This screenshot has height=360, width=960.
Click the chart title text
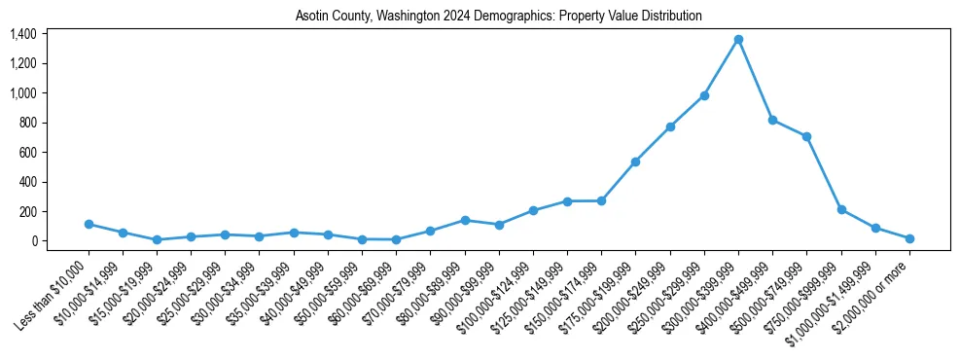click(498, 17)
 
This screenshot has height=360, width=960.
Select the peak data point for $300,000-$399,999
click(738, 39)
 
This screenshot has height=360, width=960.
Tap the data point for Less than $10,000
click(89, 224)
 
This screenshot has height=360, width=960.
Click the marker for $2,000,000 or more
click(909, 238)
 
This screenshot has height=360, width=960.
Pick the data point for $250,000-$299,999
click(704, 95)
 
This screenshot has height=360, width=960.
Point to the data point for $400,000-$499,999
click(772, 120)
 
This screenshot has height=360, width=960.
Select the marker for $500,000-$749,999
click(806, 136)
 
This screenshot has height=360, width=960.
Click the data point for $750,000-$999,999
click(841, 209)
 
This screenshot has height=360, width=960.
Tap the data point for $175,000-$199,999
click(635, 162)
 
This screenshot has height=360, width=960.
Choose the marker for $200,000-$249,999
click(670, 126)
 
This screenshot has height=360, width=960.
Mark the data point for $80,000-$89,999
click(465, 220)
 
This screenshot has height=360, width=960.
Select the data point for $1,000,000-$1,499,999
click(875, 228)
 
